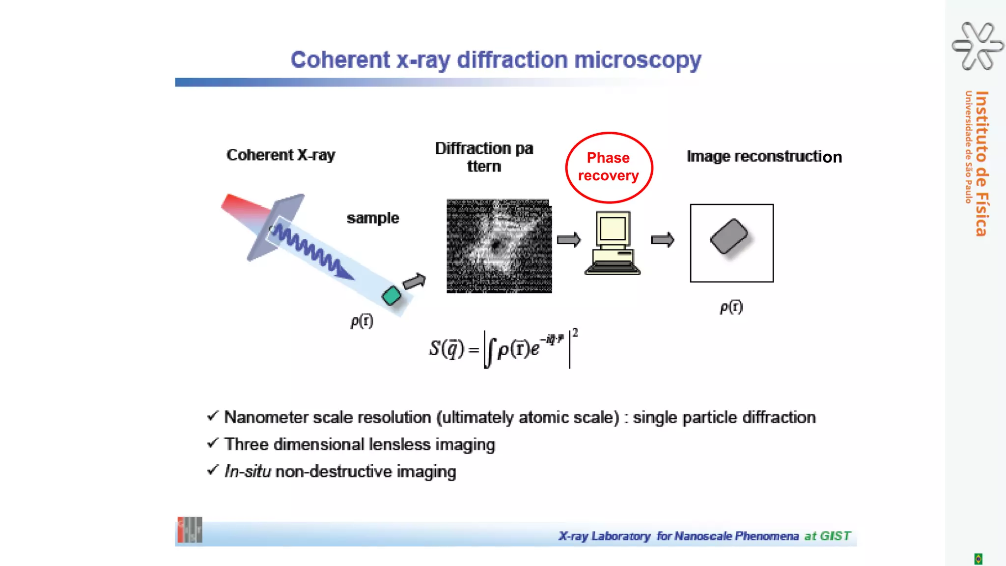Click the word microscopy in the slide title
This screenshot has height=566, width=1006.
click(x=637, y=60)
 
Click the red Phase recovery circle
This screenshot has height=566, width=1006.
click(x=609, y=167)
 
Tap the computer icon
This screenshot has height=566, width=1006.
click(x=613, y=242)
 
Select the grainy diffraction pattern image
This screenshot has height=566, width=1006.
click(x=499, y=246)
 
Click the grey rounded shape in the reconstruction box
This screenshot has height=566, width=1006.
click(x=729, y=236)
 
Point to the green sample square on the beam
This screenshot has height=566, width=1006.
click(x=391, y=295)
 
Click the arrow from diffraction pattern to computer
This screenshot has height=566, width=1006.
click(x=569, y=240)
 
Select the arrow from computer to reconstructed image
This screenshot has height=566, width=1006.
click(x=663, y=240)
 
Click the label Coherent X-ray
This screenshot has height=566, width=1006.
click(x=280, y=155)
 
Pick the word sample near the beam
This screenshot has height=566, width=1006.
click(x=373, y=218)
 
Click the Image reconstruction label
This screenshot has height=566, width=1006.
click(x=764, y=157)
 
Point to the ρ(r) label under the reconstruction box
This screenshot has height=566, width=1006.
click(x=731, y=307)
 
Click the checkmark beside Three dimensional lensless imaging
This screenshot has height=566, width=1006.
click(x=212, y=443)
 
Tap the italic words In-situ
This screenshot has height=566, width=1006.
click(x=248, y=471)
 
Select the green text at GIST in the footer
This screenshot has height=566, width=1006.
click(x=827, y=536)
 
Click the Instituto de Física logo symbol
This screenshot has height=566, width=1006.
click(x=978, y=46)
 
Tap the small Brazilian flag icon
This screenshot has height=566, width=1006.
click(x=978, y=559)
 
